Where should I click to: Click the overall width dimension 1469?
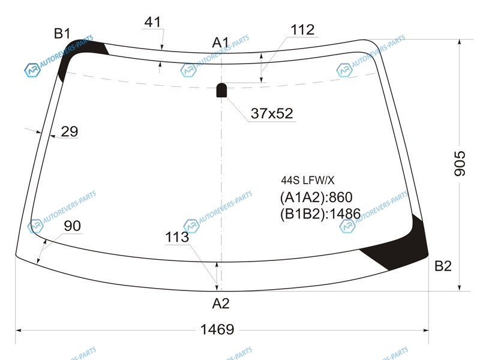[217, 329]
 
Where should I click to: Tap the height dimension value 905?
[460, 163]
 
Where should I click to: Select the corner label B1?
[62, 34]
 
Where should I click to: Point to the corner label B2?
[443, 266]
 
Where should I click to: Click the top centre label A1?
[220, 43]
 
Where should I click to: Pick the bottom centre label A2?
[221, 304]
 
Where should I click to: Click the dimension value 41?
[152, 22]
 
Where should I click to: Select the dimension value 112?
[302, 30]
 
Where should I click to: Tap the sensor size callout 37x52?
[272, 113]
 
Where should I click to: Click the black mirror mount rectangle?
[221, 90]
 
